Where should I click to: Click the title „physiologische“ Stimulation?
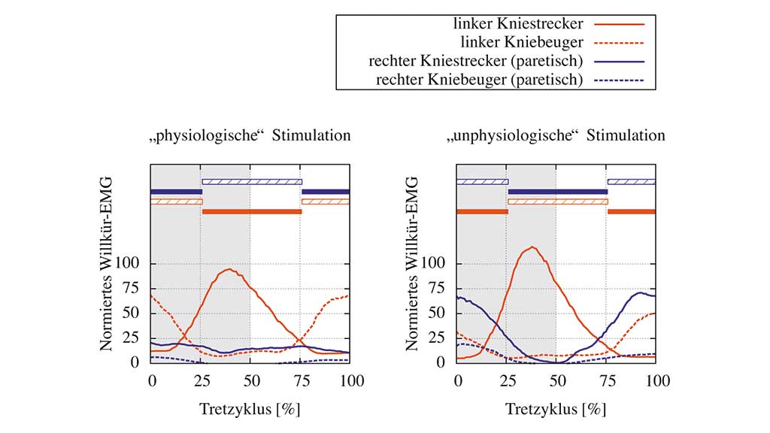coord(249,136)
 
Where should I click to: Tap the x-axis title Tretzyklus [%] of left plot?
coord(250,409)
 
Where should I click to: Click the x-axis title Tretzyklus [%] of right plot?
coord(556,409)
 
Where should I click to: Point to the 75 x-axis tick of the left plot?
coord(302,381)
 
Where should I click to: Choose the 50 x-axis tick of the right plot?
coord(556,381)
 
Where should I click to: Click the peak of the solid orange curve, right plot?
coord(533,247)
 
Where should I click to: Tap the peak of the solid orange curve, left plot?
coord(229,268)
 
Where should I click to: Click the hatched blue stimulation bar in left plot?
coord(251,181)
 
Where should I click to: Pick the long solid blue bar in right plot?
coord(557,192)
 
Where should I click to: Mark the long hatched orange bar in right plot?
coord(557,201)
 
